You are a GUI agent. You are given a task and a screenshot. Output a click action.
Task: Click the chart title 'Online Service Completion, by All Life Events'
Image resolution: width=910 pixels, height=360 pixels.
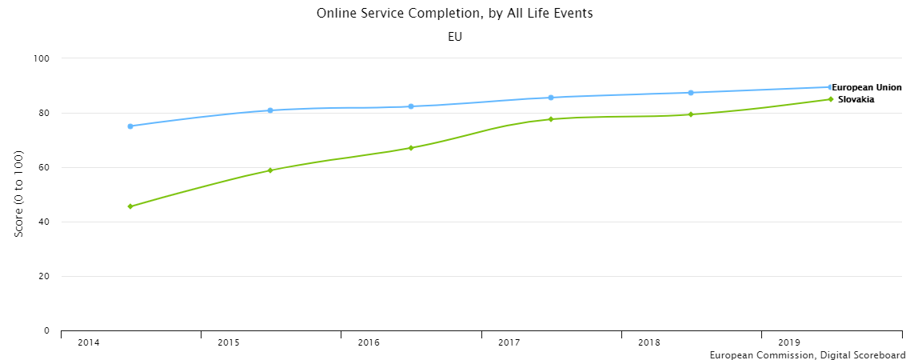454,14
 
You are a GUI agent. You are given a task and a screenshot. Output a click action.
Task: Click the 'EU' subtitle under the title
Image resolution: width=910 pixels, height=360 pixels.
455,37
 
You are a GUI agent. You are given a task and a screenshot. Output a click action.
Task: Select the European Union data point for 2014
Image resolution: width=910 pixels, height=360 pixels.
130,126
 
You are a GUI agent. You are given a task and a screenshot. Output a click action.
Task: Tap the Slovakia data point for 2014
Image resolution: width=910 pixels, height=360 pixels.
130,206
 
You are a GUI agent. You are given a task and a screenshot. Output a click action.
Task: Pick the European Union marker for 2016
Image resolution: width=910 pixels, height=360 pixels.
411,106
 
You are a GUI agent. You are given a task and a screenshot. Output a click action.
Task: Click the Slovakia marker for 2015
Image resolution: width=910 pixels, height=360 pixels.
270,170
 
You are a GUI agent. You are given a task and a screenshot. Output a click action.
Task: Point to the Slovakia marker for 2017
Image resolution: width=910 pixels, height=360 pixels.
551,119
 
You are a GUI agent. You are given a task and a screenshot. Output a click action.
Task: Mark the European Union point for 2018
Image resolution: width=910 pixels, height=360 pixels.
691,93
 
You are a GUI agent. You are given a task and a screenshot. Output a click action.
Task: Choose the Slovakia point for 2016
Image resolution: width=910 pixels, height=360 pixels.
411,148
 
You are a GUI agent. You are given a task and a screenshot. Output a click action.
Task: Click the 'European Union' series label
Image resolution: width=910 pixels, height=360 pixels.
867,87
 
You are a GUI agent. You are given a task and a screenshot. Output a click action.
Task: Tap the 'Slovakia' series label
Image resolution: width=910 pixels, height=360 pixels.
856,100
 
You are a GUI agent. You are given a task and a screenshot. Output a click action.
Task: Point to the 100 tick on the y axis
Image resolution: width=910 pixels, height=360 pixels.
42,58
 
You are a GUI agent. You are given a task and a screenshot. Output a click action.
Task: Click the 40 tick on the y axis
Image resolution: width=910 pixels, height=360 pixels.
44,222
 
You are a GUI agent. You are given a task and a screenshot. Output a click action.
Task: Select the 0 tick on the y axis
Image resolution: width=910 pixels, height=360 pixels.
46,330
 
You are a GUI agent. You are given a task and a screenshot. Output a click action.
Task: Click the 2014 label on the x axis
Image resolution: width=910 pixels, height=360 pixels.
88,343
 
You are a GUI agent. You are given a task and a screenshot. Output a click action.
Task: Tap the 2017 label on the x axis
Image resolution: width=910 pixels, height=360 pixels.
509,343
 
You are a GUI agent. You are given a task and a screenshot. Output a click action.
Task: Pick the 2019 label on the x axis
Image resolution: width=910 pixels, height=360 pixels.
789,343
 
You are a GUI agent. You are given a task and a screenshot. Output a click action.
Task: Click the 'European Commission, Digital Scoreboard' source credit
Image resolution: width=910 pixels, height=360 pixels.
808,354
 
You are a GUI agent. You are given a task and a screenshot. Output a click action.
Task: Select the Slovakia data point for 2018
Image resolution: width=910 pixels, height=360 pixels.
691,114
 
